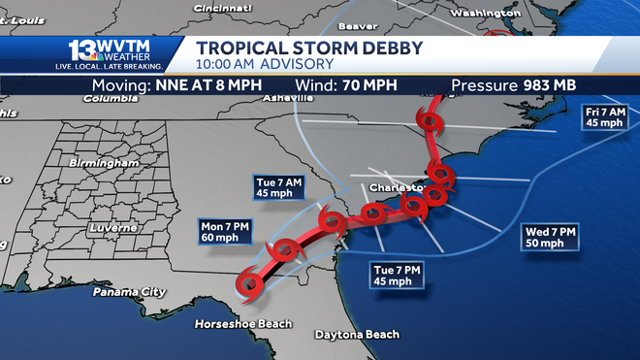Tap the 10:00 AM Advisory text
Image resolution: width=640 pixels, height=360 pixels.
point(265,65)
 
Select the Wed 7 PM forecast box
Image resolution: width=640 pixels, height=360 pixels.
point(551,237)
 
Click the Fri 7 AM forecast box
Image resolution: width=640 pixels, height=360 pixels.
point(604,117)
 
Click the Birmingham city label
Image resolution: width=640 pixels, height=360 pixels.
point(106,164)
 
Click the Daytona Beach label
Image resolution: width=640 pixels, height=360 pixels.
point(357,335)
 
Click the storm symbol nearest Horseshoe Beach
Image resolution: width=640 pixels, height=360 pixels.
point(250,283)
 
